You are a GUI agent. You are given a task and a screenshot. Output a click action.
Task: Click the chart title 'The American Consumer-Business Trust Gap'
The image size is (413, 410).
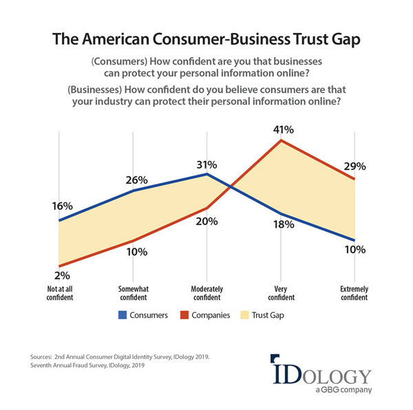[x=206, y=39]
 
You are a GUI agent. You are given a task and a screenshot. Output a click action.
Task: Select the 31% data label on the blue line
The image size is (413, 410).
[x=206, y=164]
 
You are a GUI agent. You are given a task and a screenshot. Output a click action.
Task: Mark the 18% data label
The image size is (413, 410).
[x=283, y=224]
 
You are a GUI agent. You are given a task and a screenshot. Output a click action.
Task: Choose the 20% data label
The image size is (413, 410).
[x=206, y=222]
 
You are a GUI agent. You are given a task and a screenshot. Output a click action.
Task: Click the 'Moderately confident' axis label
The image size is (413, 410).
[x=206, y=294]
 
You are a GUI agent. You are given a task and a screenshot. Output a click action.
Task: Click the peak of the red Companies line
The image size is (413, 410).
[x=281, y=140]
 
